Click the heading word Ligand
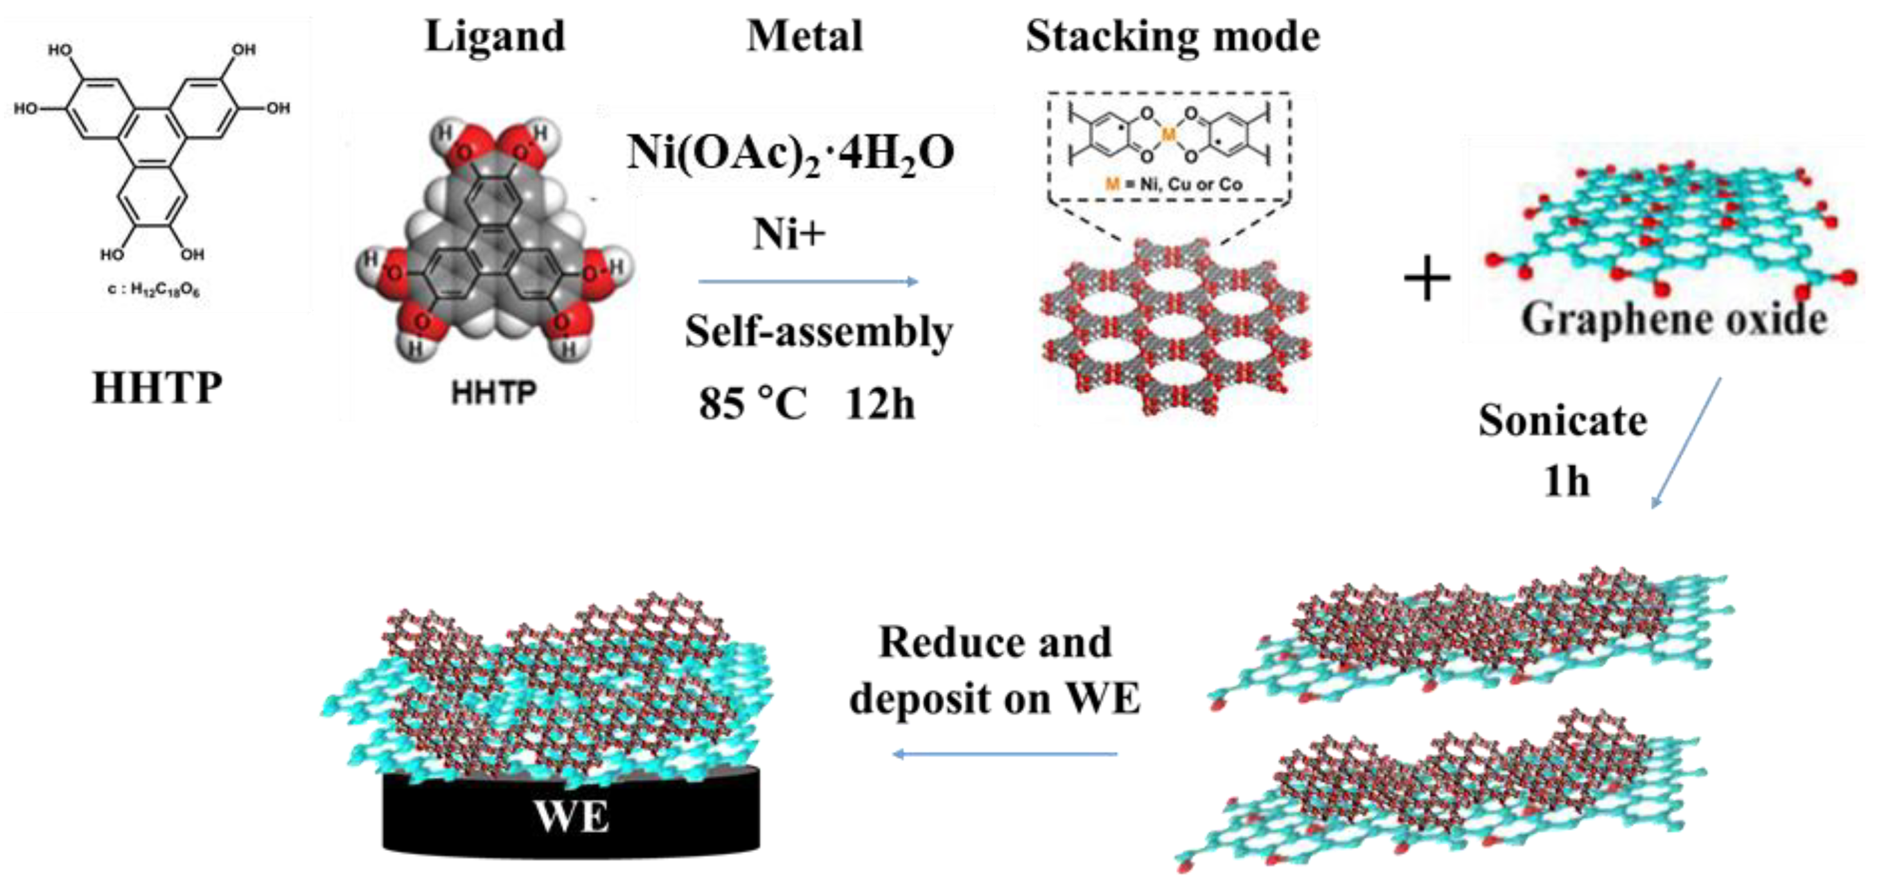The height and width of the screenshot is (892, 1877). coord(495,36)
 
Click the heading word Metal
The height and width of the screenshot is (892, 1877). coord(804,36)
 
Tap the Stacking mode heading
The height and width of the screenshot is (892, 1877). coord(1172,36)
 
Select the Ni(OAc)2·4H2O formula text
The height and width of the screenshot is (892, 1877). coord(791,154)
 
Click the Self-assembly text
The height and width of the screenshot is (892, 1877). coord(818,332)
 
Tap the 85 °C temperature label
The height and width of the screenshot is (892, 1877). coord(753,403)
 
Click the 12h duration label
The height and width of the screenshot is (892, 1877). coord(879,403)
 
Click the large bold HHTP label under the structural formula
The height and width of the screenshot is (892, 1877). coord(157,387)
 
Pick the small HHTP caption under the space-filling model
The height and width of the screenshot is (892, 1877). coord(494,393)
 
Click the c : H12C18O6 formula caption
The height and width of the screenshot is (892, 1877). coord(153,289)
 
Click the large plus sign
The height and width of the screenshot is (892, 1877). coord(1427,279)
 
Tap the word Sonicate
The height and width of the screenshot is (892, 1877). coord(1562,420)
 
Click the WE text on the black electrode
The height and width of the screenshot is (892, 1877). coord(571,816)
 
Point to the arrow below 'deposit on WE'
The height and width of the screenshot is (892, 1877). coord(1005,754)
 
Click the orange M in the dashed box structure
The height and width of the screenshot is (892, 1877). coord(1168,134)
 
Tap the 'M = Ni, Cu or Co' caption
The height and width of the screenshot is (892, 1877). coord(1174,184)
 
